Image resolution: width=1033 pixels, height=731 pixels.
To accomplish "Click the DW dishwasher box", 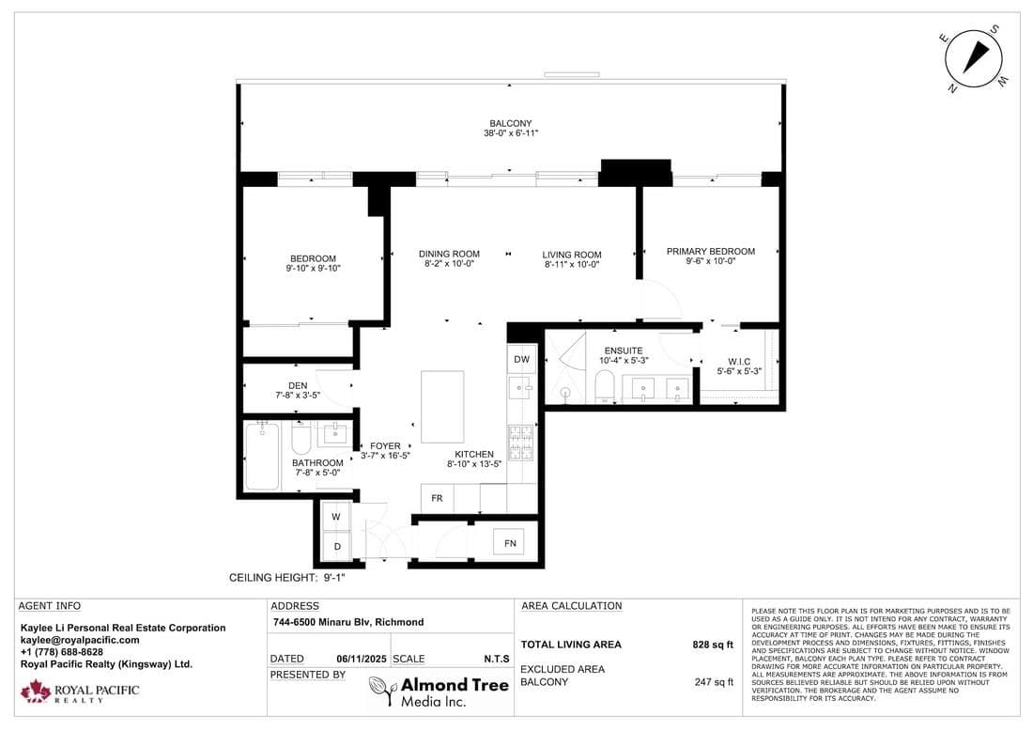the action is (x=521, y=359).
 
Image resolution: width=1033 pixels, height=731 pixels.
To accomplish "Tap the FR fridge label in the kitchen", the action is (x=437, y=498).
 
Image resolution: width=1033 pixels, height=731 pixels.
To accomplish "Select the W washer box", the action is (x=336, y=516).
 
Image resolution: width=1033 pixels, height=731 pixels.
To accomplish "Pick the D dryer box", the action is (x=336, y=547).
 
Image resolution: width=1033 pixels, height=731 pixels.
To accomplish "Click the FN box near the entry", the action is (x=509, y=543).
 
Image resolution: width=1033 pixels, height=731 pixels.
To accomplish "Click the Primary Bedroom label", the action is (x=711, y=251).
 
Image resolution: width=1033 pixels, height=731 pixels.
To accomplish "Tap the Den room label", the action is (x=298, y=385).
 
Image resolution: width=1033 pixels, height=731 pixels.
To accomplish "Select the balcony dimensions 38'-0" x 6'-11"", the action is (x=511, y=133).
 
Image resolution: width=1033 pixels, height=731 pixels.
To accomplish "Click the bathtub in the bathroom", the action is (x=262, y=457).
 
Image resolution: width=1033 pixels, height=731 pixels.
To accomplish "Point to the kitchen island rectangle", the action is (x=442, y=407).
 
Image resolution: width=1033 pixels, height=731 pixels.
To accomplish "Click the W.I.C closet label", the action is (x=739, y=362).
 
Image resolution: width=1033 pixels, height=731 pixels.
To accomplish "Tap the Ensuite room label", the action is (x=624, y=350).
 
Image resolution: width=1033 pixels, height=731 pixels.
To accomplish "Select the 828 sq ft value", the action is (x=713, y=645).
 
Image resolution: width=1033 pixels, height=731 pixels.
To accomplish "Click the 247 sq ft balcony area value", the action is (x=714, y=682).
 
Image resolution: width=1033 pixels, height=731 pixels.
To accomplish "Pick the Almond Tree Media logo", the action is (x=439, y=692).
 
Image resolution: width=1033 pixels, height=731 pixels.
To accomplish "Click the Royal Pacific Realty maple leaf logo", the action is (x=36, y=692).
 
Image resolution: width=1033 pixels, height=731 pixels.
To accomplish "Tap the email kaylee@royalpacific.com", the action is (x=80, y=640).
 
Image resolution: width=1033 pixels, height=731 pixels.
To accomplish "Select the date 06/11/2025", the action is (x=362, y=659).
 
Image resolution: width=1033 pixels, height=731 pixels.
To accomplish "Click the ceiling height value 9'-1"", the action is (x=334, y=578).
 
